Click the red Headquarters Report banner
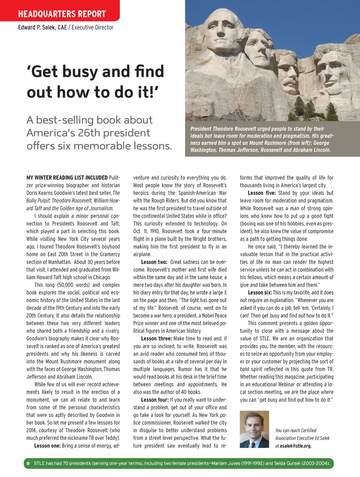(x=62, y=14)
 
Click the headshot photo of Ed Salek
(x=254, y=429)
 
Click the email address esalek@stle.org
(x=295, y=446)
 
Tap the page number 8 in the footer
(x=28, y=463)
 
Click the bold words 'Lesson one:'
(x=47, y=445)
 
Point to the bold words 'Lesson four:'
(x=155, y=400)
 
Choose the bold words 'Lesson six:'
(x=260, y=292)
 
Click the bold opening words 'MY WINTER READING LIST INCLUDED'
(x=67, y=178)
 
